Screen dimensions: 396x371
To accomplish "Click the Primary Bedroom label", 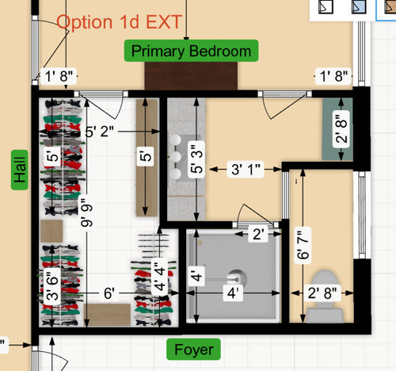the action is tap(191, 51).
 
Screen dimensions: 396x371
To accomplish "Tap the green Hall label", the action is tap(20, 170).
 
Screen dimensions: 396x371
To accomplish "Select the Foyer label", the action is tap(193, 349).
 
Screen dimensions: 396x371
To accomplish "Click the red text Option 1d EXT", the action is tap(120, 21).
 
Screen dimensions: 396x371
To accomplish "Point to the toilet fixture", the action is tap(325, 296).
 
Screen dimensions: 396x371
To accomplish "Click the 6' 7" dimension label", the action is tap(303, 245).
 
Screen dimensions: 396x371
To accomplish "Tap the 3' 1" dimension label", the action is tap(246, 169).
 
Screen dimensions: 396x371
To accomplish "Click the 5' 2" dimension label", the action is tap(100, 131).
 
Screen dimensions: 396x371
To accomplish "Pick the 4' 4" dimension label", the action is tap(159, 277).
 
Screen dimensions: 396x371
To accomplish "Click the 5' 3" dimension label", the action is tap(196, 159).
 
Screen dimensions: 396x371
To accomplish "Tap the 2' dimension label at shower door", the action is tap(258, 234).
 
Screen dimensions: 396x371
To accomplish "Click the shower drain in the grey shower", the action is tap(237, 279).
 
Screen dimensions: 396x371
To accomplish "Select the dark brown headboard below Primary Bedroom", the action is tap(191, 76).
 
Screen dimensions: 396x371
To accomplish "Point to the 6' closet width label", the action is tap(109, 293).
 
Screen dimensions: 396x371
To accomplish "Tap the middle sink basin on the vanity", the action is tap(175, 156).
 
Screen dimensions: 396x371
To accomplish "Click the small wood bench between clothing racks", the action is tap(51, 231).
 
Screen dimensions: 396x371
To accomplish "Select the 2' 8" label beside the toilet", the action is tap(322, 293).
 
